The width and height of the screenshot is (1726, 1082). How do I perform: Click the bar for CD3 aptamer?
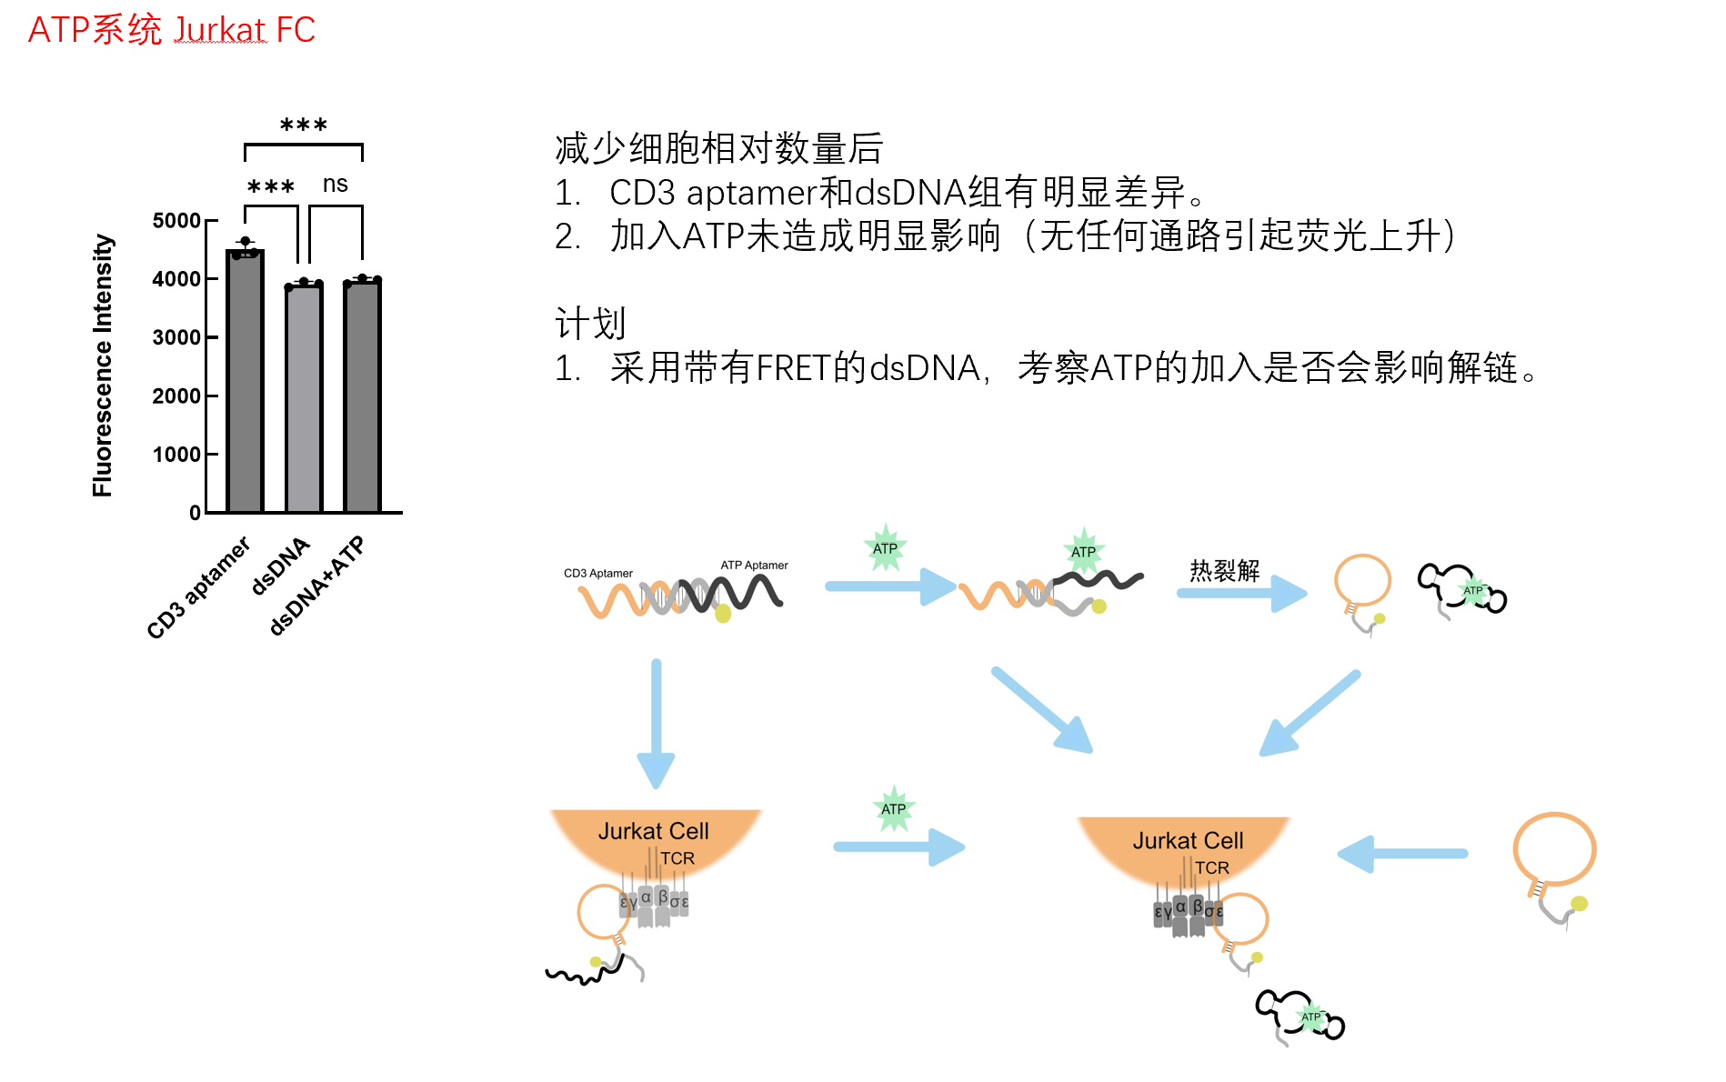[245, 382]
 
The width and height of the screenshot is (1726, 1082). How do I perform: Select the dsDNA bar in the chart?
[304, 400]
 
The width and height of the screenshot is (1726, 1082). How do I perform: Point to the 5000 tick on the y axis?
[176, 221]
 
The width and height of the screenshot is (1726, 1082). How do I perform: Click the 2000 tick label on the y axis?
[176, 396]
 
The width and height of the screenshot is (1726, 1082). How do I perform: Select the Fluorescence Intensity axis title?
[103, 366]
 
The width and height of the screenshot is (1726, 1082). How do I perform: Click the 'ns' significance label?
[336, 185]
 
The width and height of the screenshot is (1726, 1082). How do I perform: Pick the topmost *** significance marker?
[304, 125]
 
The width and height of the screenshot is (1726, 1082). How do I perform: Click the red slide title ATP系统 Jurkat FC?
[171, 30]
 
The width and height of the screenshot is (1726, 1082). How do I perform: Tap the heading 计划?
[590, 323]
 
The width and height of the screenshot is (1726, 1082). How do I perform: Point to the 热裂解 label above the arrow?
[1225, 570]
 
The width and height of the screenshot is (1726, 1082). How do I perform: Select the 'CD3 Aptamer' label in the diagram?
[597, 573]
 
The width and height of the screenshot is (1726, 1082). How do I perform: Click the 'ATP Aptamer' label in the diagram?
[754, 565]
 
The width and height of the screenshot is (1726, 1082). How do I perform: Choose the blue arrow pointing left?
[1402, 854]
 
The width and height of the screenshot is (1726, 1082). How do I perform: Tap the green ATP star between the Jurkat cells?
[893, 808]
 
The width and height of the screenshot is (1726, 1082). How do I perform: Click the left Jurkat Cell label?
[653, 831]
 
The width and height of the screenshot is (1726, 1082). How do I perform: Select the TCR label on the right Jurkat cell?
[1211, 867]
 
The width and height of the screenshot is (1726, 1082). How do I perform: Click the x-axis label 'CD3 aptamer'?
[199, 588]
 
